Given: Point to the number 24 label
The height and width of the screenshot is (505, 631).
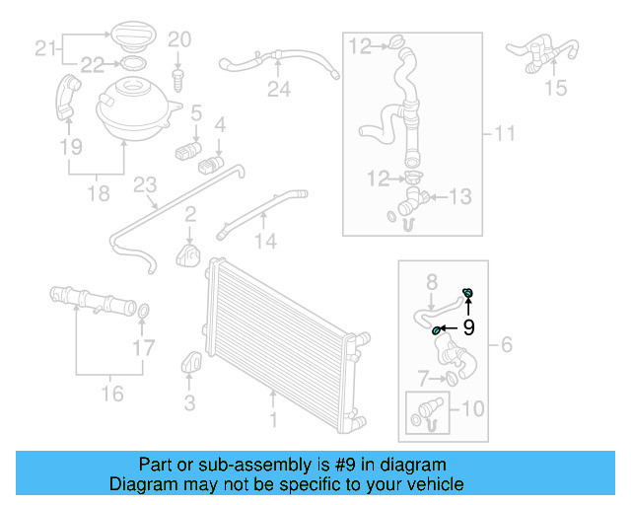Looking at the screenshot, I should tap(279, 90).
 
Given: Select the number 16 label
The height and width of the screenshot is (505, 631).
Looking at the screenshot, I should tap(112, 394).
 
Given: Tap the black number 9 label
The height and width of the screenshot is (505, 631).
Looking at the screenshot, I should tap(468, 327).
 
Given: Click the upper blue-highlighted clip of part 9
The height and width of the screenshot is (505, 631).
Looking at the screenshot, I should tap(468, 293).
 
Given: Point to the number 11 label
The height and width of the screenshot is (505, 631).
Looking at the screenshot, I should tap(505, 132).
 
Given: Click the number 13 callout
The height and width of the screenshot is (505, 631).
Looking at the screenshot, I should tap(461, 196).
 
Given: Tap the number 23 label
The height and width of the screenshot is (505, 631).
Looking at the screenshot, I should tap(145, 185).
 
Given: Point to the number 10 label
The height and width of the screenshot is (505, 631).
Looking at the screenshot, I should tap(473, 406).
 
